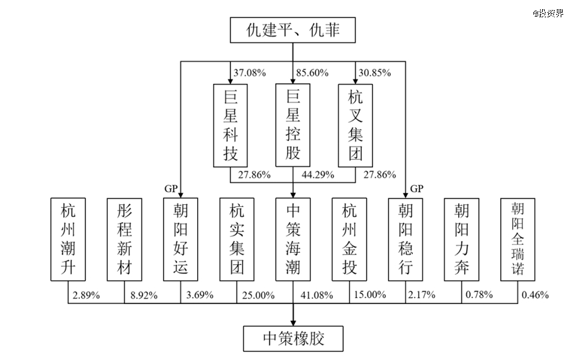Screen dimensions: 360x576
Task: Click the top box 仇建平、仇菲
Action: (292, 31)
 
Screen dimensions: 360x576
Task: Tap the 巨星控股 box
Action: (293, 126)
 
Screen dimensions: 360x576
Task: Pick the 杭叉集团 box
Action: (355, 126)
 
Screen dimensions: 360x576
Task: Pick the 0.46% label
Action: (535, 295)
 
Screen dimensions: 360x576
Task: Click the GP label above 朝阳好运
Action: (170, 188)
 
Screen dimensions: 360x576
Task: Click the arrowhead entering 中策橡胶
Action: (293, 321)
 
